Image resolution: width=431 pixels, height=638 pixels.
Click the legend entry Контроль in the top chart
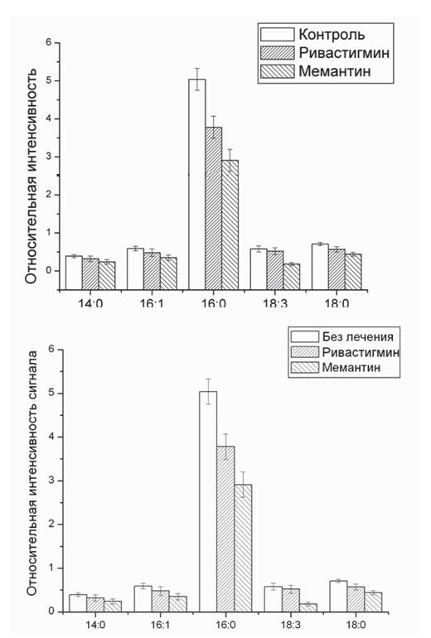point(332,35)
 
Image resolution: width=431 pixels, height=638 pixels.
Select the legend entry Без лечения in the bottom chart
point(358,336)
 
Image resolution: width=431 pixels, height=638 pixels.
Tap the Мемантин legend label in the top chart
point(335,71)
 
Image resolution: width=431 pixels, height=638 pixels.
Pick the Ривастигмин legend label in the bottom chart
point(361,352)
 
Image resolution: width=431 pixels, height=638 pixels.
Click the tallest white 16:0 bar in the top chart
point(197,184)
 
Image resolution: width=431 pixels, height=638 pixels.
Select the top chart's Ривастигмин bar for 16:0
point(214,208)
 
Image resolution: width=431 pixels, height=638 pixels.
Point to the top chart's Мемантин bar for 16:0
point(230,225)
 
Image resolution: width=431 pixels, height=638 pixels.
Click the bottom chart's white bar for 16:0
point(208,501)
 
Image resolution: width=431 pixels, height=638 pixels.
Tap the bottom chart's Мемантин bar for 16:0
point(243,548)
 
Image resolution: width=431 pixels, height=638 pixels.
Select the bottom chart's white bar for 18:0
point(338,596)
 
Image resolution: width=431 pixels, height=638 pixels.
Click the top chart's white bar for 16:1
point(136,269)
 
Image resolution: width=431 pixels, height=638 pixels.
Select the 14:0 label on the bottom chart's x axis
point(95,625)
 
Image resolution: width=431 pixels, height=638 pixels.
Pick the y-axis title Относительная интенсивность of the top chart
point(31,176)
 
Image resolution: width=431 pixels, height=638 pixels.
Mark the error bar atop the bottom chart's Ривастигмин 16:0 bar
point(225,447)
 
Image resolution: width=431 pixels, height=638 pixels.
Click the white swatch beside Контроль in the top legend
point(277,35)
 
